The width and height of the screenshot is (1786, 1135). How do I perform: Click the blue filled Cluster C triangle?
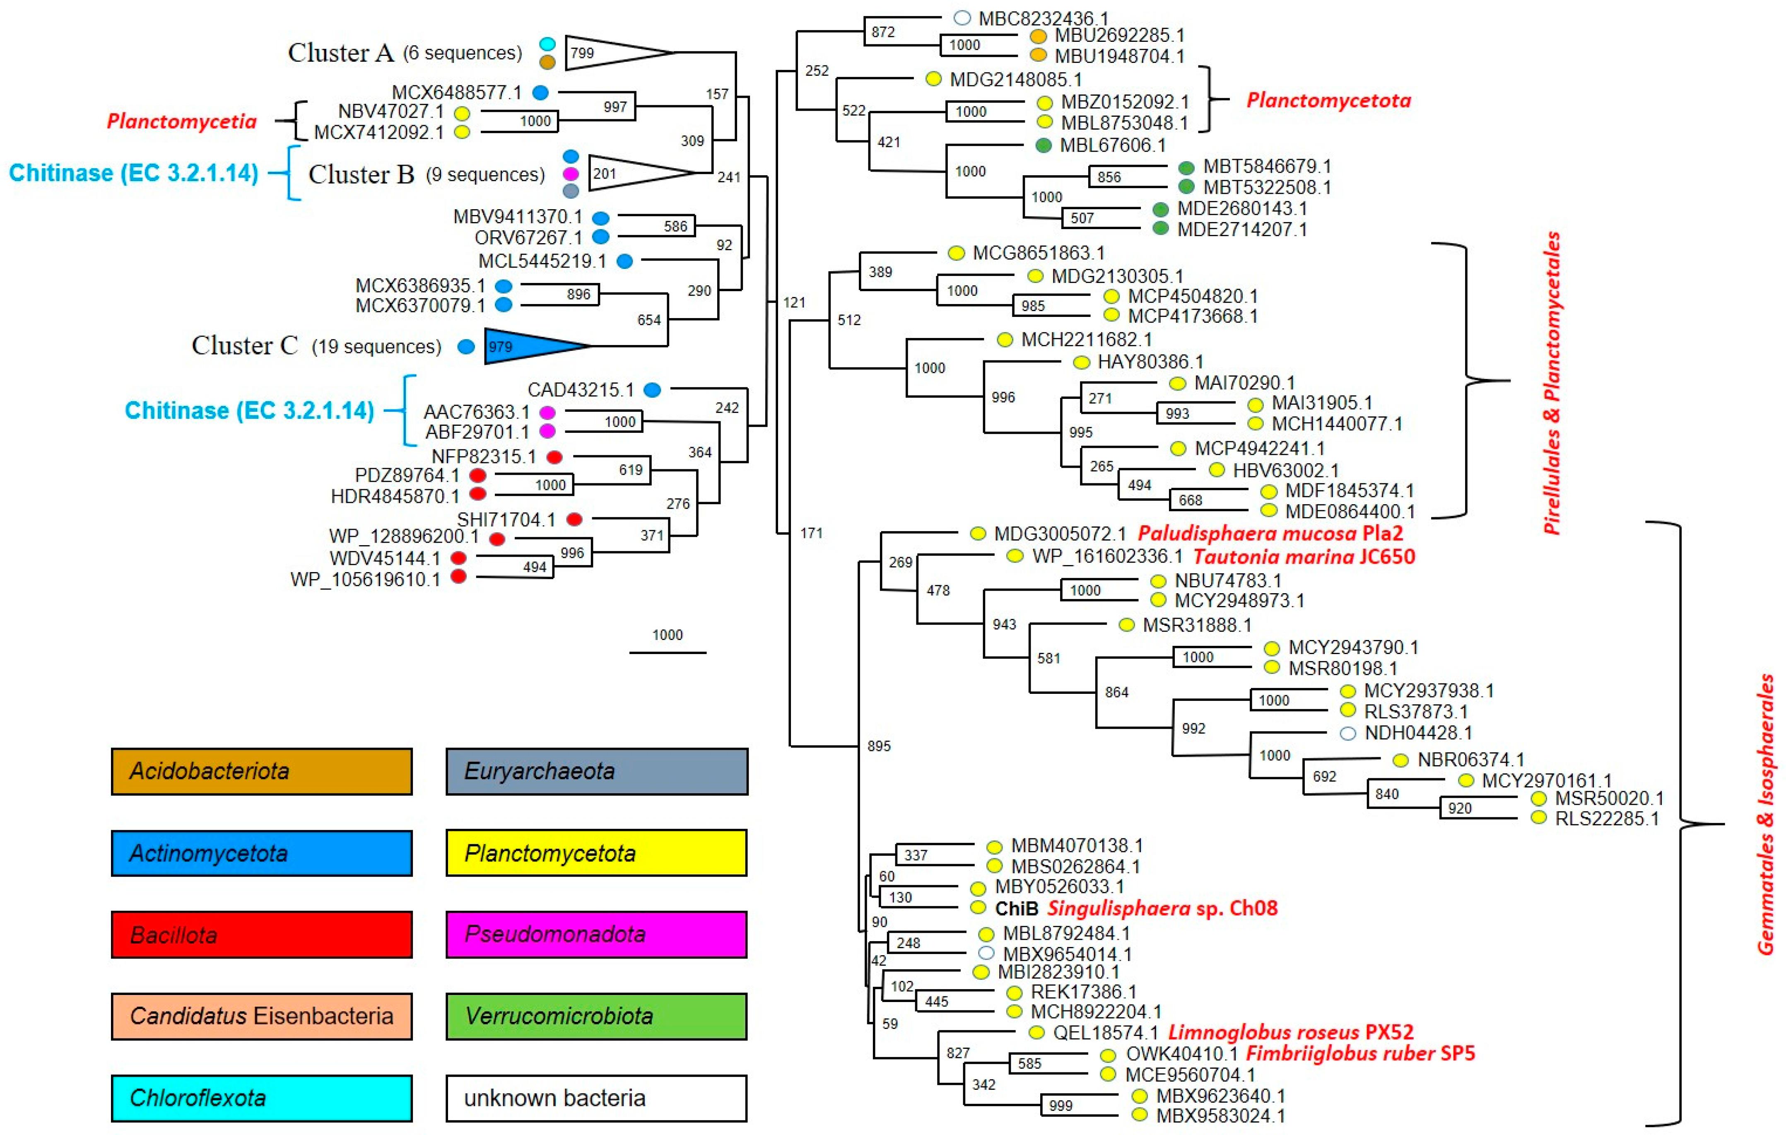527,346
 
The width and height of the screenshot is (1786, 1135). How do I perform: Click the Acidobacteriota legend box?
262,771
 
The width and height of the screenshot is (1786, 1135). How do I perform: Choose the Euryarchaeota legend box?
596,771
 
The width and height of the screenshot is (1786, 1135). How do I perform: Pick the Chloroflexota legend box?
262,1098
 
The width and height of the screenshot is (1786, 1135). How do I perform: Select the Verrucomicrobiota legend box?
596,1016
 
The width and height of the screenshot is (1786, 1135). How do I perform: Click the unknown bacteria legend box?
596,1098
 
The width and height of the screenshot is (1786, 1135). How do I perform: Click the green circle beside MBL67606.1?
1044,145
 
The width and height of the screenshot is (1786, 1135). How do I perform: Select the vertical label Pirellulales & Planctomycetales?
1552,382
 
